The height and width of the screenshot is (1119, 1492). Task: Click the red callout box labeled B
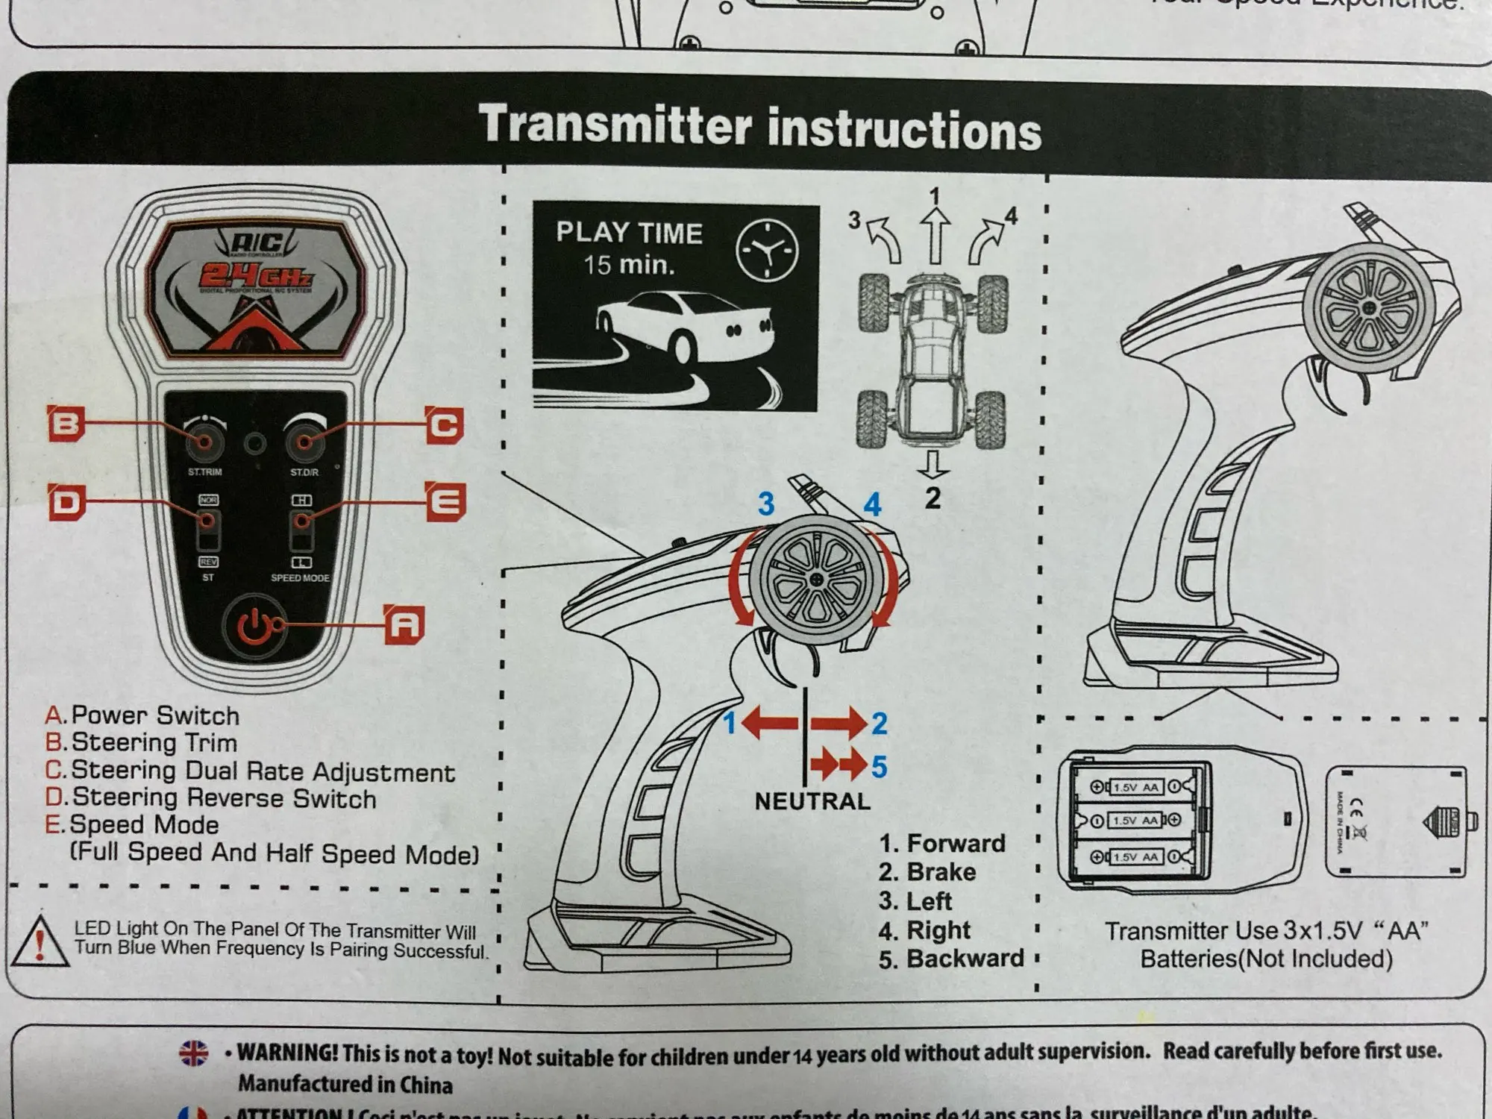pyautogui.click(x=66, y=424)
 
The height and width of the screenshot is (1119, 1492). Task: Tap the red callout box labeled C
pyautogui.click(x=445, y=425)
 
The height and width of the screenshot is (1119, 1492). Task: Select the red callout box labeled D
pyautogui.click(x=66, y=501)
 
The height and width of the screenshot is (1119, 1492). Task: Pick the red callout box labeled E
pyautogui.click(x=446, y=501)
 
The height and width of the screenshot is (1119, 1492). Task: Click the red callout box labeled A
pyautogui.click(x=404, y=624)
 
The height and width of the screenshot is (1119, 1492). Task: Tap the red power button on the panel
pyautogui.click(x=255, y=625)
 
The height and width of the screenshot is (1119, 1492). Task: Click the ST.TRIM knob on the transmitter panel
pyautogui.click(x=205, y=442)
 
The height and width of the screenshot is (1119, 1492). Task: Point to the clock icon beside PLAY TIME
pyautogui.click(x=767, y=250)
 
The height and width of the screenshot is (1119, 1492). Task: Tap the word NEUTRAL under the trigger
pyautogui.click(x=812, y=801)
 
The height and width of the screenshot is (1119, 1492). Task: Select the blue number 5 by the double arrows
pyautogui.click(x=880, y=766)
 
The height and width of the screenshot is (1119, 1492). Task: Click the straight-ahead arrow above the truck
pyautogui.click(x=935, y=235)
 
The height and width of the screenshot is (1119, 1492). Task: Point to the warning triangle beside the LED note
pyautogui.click(x=40, y=941)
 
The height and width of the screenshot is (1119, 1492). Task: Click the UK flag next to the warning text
pyautogui.click(x=194, y=1053)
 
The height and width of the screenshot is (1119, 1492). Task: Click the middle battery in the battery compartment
pyautogui.click(x=1134, y=821)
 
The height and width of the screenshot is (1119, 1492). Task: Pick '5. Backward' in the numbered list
pyautogui.click(x=951, y=959)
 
